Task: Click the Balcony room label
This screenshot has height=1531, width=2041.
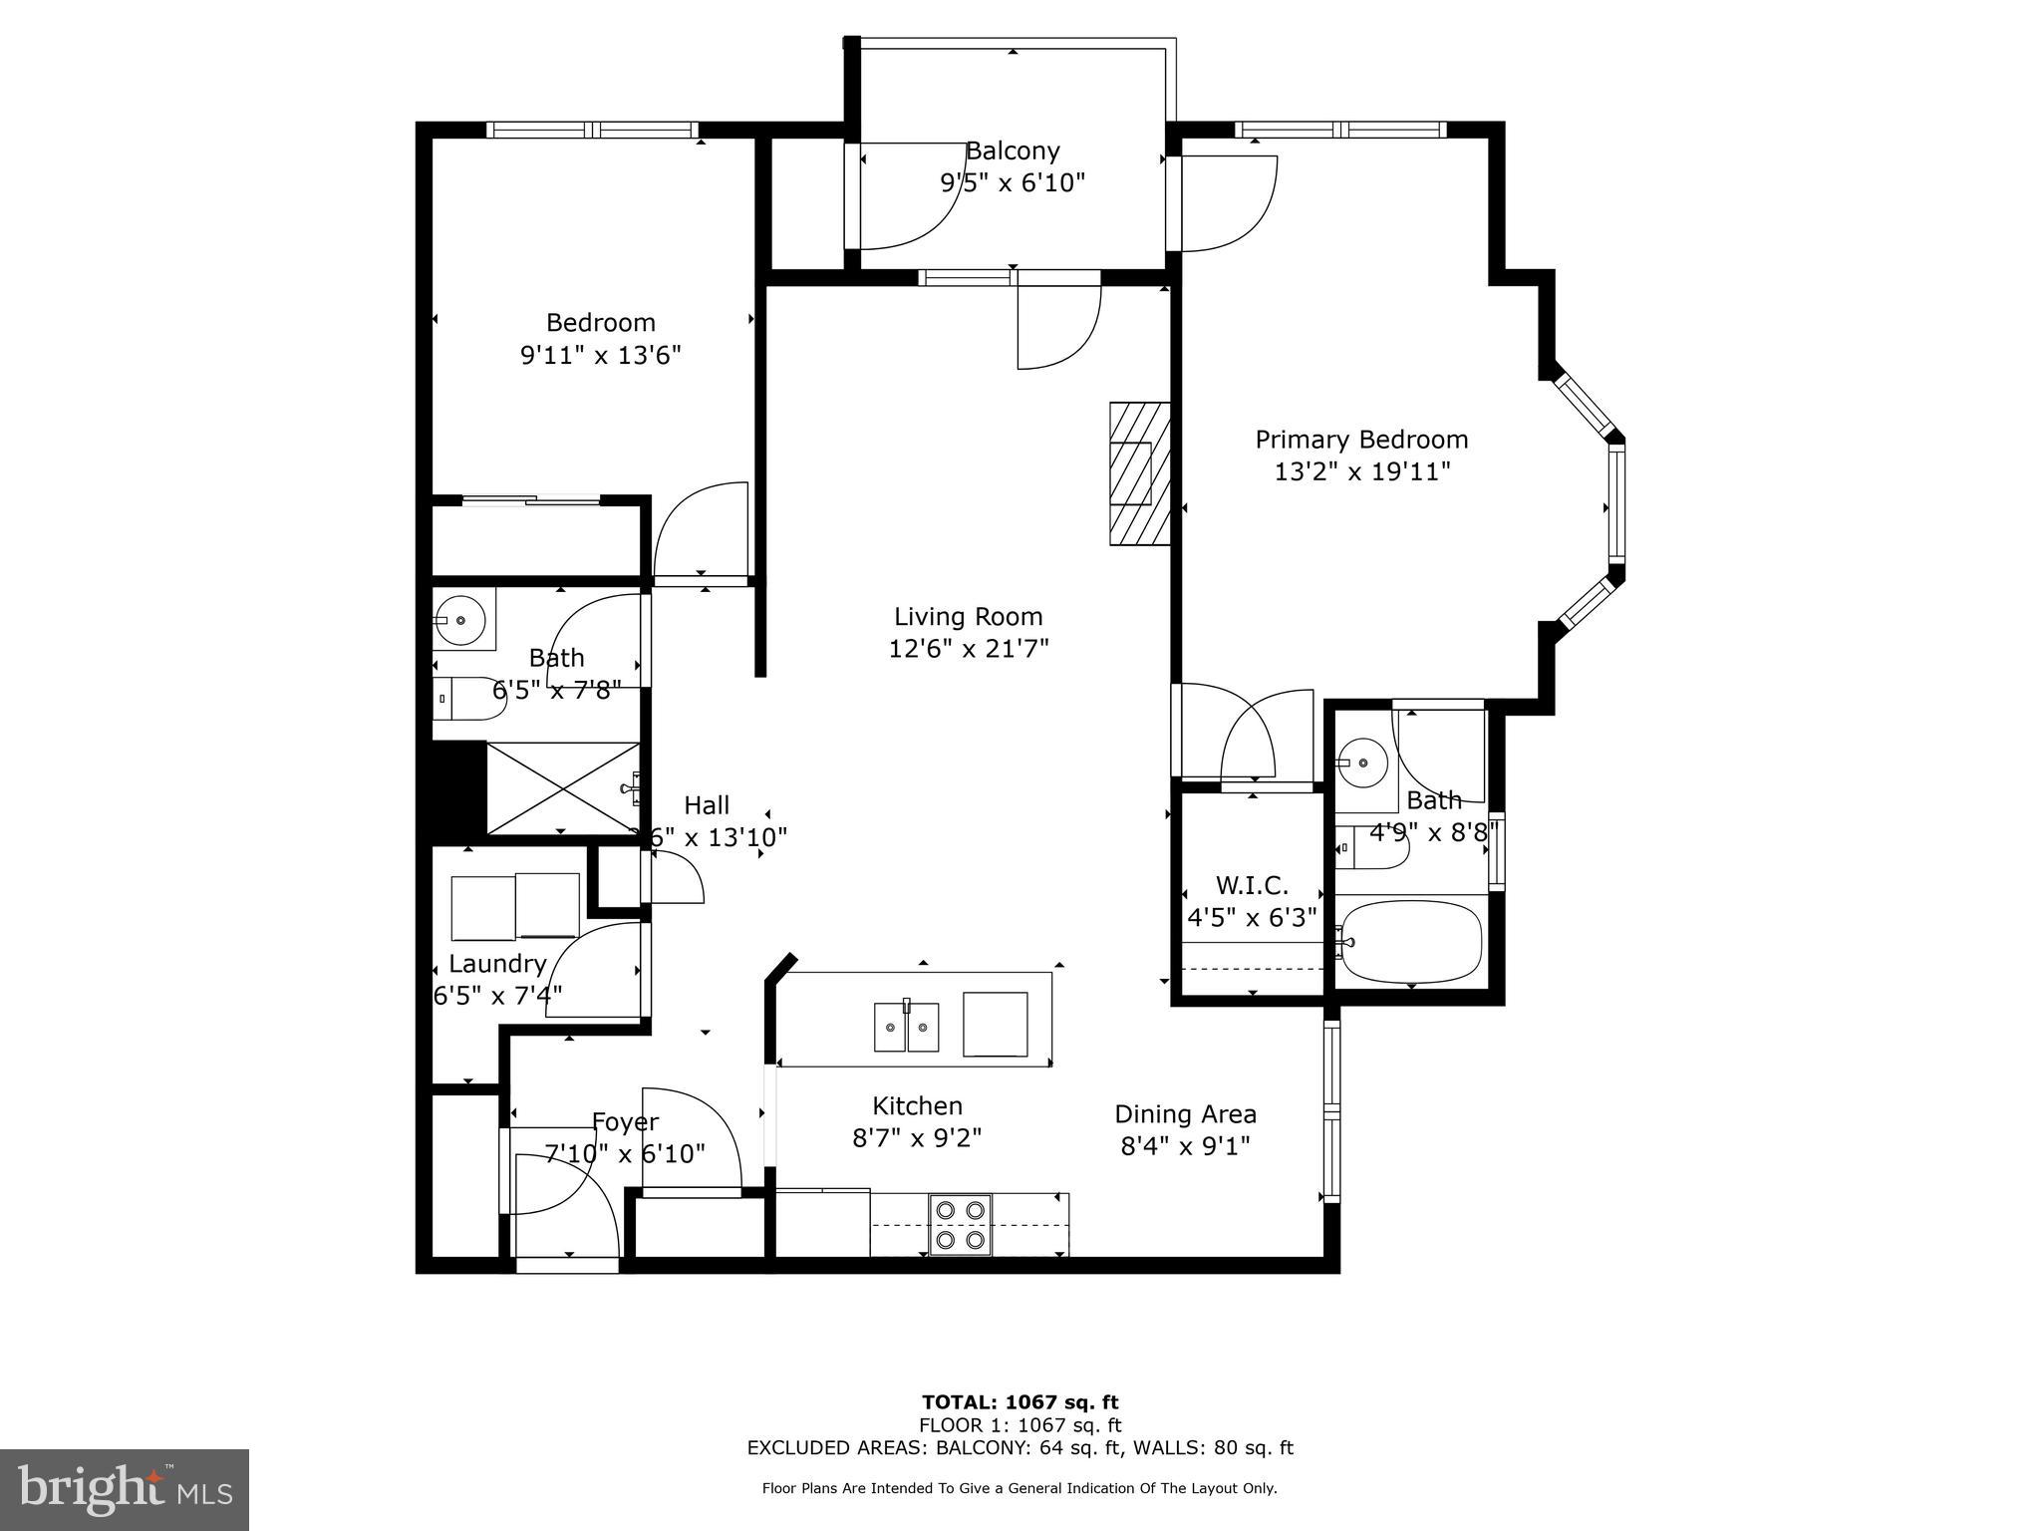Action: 1013,152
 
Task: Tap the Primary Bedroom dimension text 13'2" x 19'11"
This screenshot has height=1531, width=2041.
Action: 1361,471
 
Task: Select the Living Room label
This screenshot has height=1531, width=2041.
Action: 968,617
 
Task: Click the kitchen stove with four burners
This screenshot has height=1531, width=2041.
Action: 961,1224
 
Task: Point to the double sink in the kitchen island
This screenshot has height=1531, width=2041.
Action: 907,1028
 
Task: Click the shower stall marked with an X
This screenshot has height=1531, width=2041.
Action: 563,788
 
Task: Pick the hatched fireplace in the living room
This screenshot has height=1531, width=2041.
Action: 1140,473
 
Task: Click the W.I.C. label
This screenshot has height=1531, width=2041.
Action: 1252,885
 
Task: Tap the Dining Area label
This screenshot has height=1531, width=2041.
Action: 1185,1114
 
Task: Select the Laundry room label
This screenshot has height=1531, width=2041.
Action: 497,964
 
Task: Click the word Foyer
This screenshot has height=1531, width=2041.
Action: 625,1122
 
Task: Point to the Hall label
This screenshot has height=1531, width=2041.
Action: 707,805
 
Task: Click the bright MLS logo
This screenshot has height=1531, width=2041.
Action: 125,1490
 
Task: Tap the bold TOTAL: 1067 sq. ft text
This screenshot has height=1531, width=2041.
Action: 1020,1402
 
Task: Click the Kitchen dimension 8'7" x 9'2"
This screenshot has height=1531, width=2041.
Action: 917,1137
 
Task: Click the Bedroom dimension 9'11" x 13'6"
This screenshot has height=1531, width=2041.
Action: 601,355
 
